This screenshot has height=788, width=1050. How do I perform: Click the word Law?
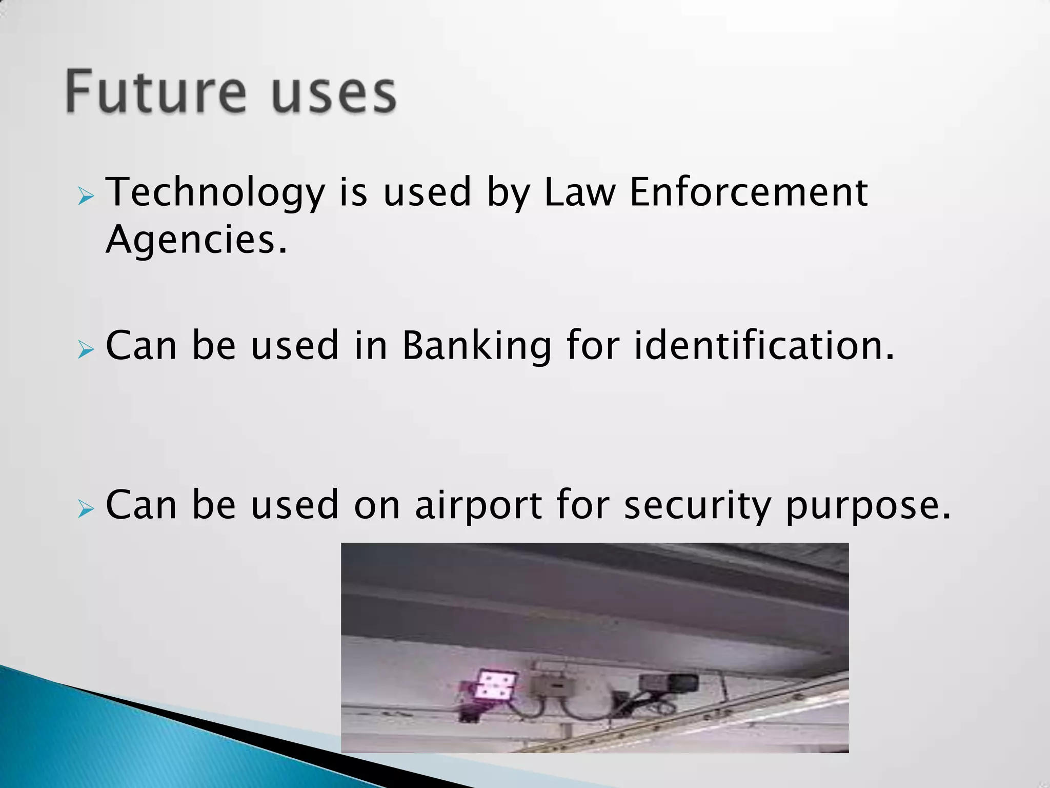(x=579, y=192)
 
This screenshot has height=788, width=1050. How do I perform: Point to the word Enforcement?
(x=748, y=192)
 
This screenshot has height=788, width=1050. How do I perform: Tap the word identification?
(x=764, y=345)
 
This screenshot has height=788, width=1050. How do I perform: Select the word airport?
(x=478, y=505)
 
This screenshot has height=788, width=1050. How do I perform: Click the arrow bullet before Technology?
(x=86, y=196)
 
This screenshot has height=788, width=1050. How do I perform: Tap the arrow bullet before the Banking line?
(x=86, y=351)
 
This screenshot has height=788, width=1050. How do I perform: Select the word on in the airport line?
(x=377, y=505)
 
